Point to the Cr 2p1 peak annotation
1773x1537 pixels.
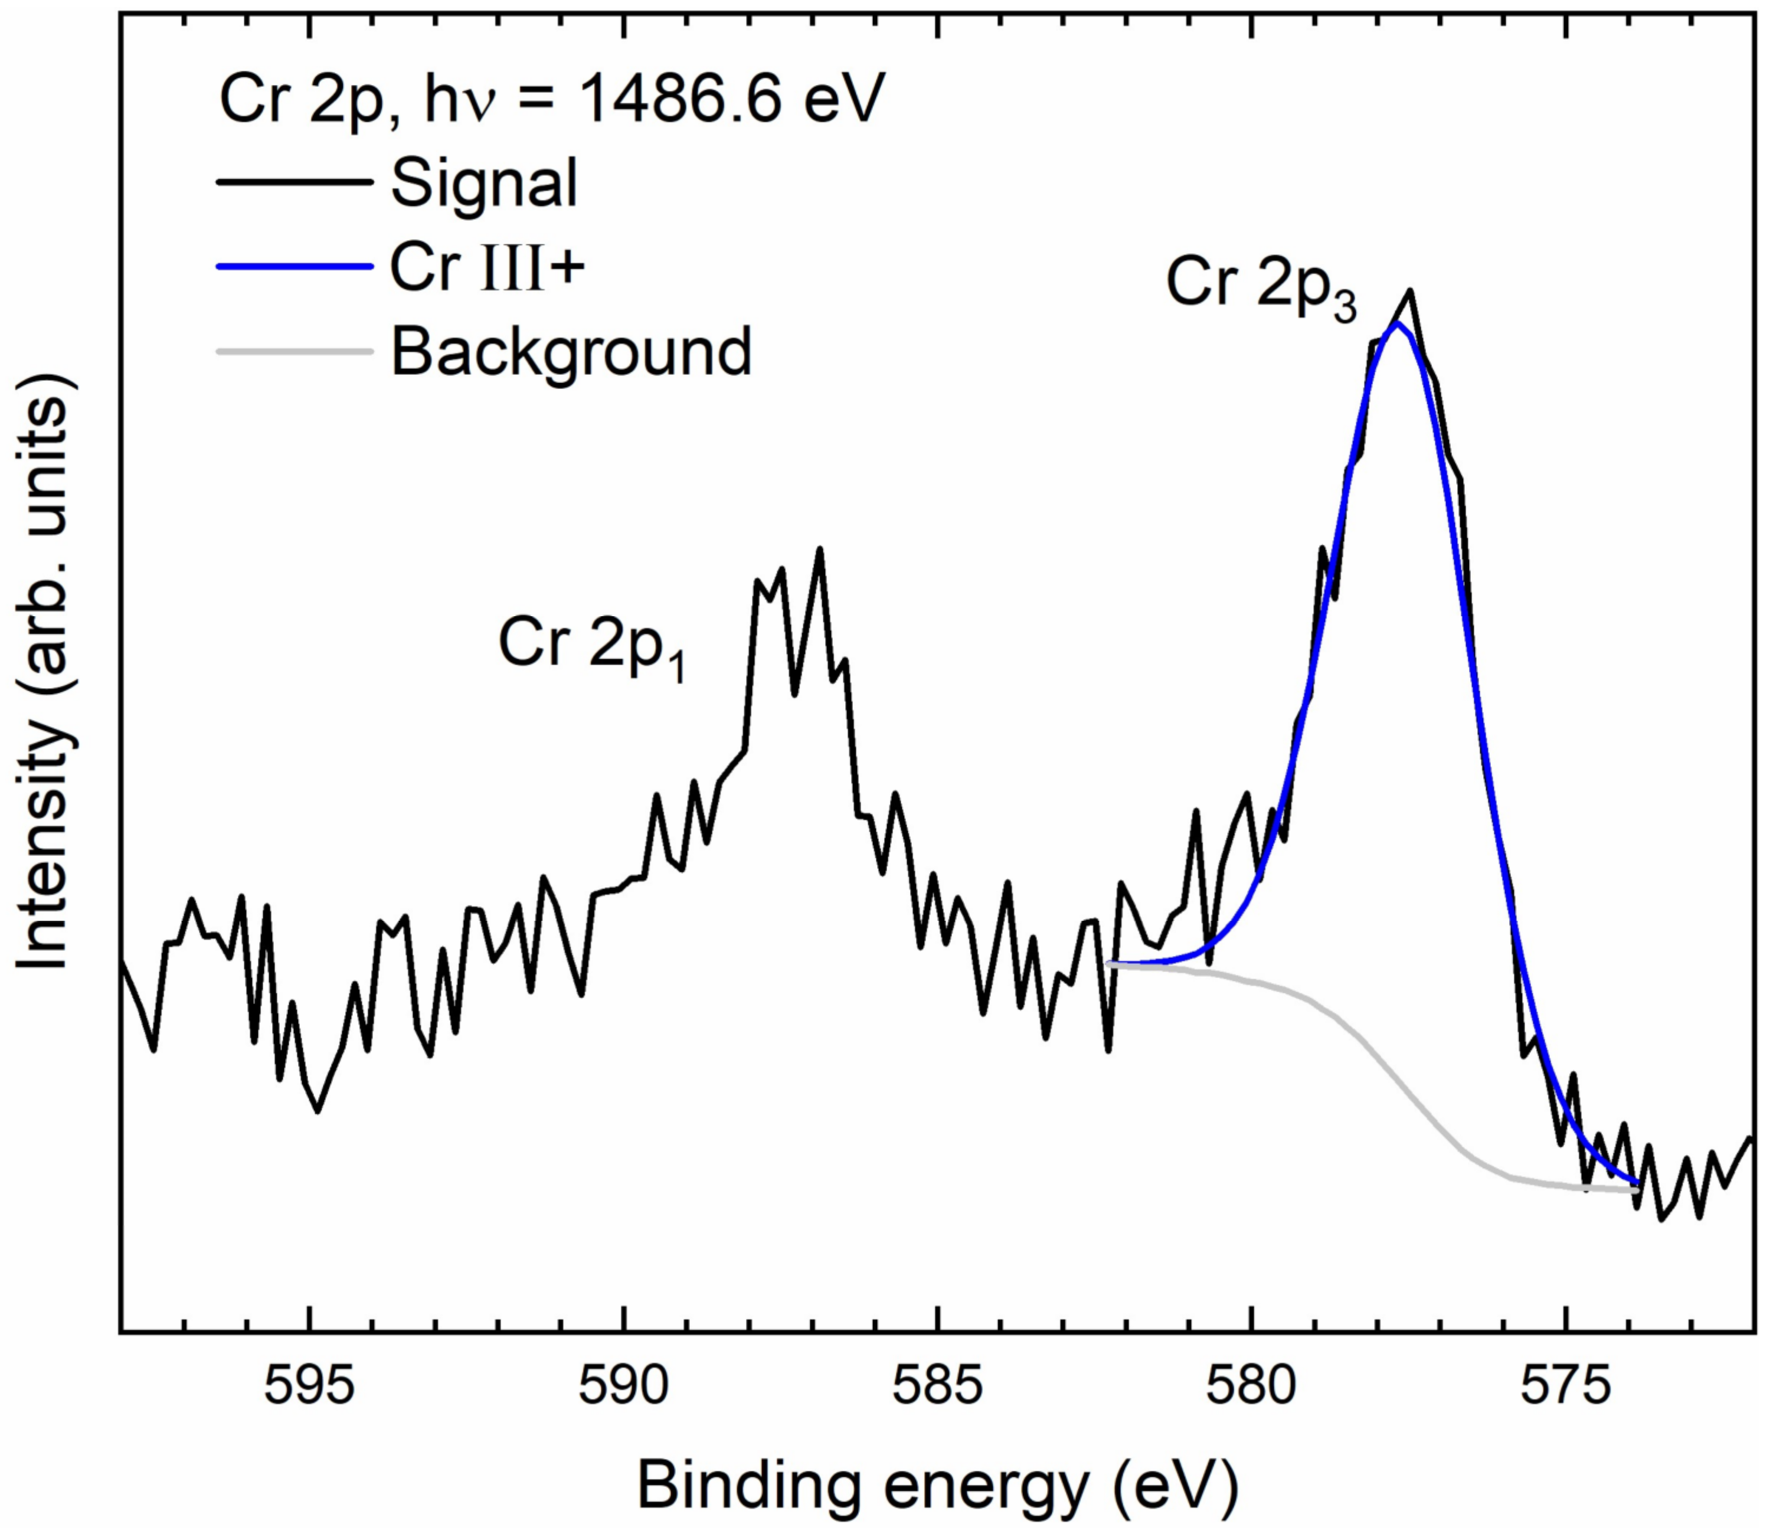point(592,645)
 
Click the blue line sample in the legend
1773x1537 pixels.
point(294,267)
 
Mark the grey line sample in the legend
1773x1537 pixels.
point(294,352)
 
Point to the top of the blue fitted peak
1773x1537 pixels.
point(1397,324)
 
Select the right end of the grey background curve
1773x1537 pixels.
point(1637,1189)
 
